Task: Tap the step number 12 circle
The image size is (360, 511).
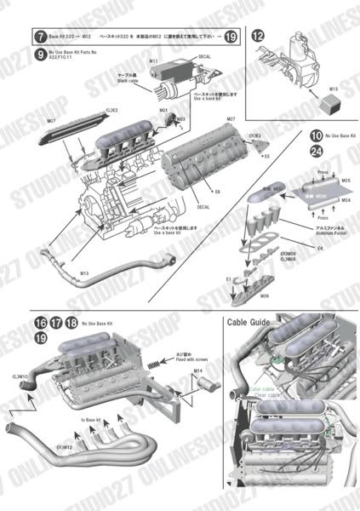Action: click(x=258, y=35)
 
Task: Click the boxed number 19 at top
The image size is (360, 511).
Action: click(x=232, y=37)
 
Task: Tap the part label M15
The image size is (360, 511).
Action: click(x=334, y=88)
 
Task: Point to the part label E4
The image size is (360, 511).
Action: click(x=320, y=248)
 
